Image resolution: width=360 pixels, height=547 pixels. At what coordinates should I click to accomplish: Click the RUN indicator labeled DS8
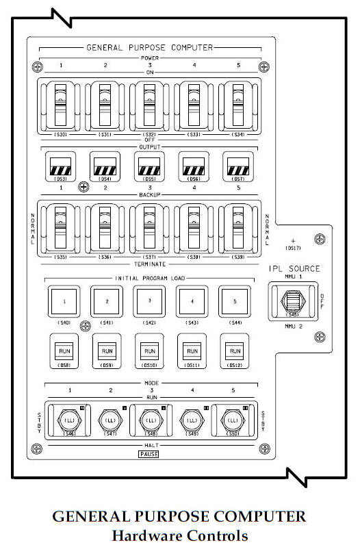(62, 350)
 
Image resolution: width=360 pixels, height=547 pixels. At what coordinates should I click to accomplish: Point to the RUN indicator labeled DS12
(235, 350)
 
